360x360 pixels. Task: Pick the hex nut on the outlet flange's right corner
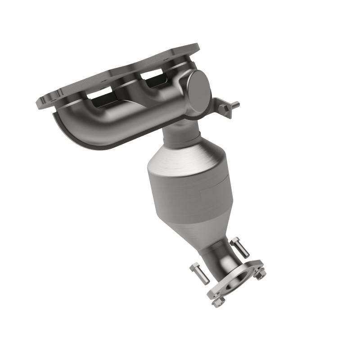coord(260,273)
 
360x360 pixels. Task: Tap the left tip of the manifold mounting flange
coord(41,101)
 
